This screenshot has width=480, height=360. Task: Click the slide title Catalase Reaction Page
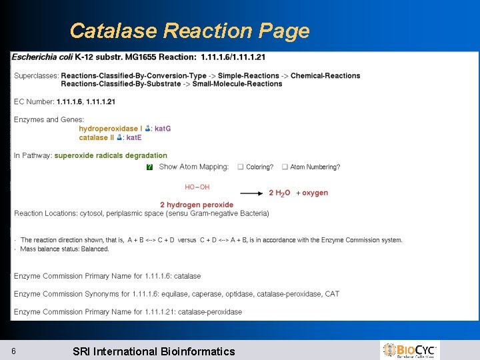pyautogui.click(x=189, y=31)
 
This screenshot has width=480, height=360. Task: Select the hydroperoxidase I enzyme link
pyautogui.click(x=110, y=129)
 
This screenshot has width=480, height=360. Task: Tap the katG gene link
pyautogui.click(x=163, y=129)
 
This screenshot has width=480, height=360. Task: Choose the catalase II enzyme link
pyautogui.click(x=97, y=137)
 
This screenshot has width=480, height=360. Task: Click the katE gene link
pyautogui.click(x=134, y=137)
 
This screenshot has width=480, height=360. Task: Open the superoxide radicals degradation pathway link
pyautogui.click(x=111, y=155)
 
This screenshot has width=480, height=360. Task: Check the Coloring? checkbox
pyautogui.click(x=241, y=167)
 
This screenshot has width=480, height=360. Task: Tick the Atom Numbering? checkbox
pyautogui.click(x=285, y=167)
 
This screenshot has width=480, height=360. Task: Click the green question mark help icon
pyautogui.click(x=149, y=167)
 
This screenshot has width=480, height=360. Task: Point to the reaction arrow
pyautogui.click(x=251, y=193)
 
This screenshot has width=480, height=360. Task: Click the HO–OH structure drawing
pyautogui.click(x=197, y=187)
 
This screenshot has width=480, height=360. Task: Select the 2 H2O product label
pyautogui.click(x=279, y=193)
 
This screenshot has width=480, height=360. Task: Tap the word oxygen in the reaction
pyautogui.click(x=315, y=193)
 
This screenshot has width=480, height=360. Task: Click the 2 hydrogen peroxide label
pyautogui.click(x=197, y=205)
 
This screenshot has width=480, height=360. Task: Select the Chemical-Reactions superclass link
pyautogui.click(x=325, y=75)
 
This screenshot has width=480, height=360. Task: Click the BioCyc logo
pyautogui.click(x=409, y=350)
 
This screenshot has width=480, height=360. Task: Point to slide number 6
pyautogui.click(x=14, y=351)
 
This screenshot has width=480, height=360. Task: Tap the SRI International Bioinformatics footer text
pyautogui.click(x=153, y=351)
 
